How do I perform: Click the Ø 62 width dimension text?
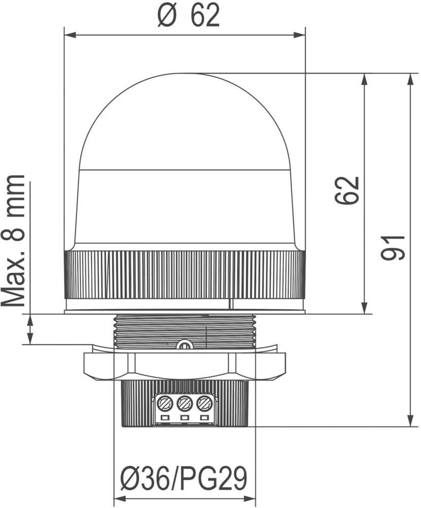pyautogui.click(x=188, y=17)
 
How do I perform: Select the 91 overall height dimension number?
pyautogui.click(x=394, y=247)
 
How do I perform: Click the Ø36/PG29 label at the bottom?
pyautogui.click(x=184, y=478)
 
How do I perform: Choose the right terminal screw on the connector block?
pyautogui.click(x=204, y=404)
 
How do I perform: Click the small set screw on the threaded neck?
pyautogui.click(x=184, y=345)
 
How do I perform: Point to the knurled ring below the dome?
pyautogui.click(x=184, y=274)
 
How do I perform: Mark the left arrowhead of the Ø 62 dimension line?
pyautogui.click(x=69, y=35)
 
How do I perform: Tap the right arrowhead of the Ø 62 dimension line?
pyautogui.click(x=300, y=35)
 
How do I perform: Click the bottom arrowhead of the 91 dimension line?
pyautogui.click(x=410, y=421)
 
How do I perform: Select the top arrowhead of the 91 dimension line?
pyautogui.click(x=410, y=79)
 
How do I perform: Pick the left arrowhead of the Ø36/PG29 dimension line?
pyautogui.click(x=119, y=498)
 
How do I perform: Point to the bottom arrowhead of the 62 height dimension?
pyautogui.click(x=364, y=308)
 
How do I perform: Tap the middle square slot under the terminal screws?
pyautogui.click(x=185, y=418)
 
